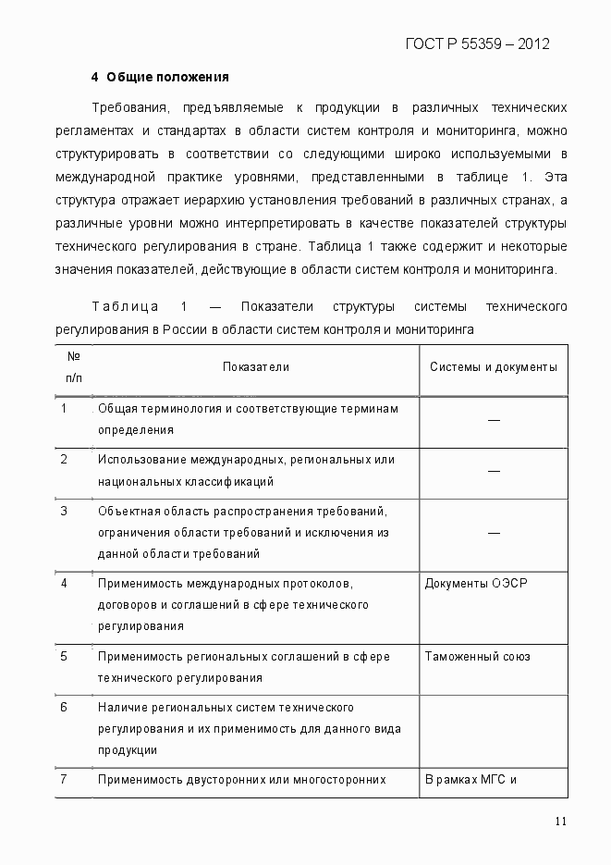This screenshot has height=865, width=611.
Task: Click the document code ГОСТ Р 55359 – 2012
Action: (x=477, y=43)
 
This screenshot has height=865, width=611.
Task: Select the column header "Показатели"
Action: (x=256, y=367)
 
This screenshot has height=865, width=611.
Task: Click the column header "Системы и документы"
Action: (x=493, y=367)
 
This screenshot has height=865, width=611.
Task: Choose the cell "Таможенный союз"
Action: (x=477, y=657)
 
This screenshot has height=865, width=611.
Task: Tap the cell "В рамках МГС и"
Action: (x=470, y=780)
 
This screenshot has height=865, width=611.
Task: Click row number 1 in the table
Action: (x=64, y=409)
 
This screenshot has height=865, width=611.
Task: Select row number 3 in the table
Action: (x=64, y=511)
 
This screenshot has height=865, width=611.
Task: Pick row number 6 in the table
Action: (x=64, y=708)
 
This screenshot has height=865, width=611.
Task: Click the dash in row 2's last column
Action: (x=494, y=471)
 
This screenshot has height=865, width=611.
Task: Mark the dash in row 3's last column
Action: (x=494, y=533)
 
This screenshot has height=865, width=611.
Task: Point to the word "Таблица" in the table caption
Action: (x=125, y=307)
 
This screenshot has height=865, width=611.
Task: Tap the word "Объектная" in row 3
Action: (x=127, y=512)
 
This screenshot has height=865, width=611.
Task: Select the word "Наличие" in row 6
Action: (x=120, y=708)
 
